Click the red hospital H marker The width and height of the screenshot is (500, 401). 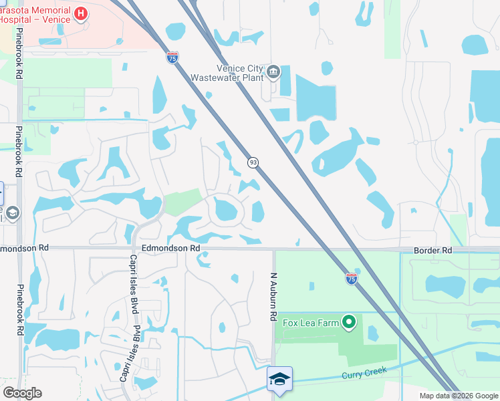[80, 14]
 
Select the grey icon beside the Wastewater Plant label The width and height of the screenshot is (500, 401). [273, 72]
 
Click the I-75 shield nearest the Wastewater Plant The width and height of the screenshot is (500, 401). [172, 57]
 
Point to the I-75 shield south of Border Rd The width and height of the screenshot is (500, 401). [352, 278]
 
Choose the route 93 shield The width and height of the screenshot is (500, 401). [253, 162]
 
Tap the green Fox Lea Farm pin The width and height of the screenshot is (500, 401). [349, 323]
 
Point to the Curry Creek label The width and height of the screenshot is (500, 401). [364, 372]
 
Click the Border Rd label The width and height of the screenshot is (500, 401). [432, 250]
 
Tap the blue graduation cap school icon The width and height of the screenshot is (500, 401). [279, 379]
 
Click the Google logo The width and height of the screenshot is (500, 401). [22, 393]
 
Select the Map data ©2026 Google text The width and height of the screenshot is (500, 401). [459, 396]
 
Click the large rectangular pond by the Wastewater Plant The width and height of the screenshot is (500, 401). [316, 98]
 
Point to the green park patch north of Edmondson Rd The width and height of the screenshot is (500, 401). [182, 202]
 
